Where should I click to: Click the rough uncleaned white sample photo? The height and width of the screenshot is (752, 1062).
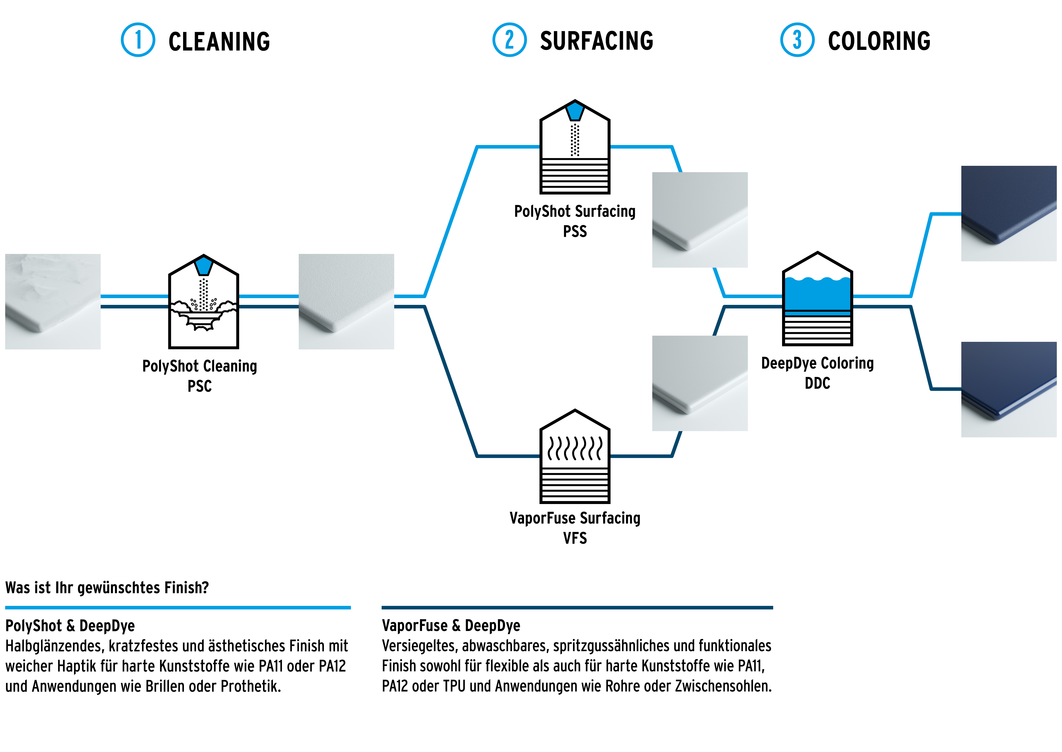click(x=53, y=301)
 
